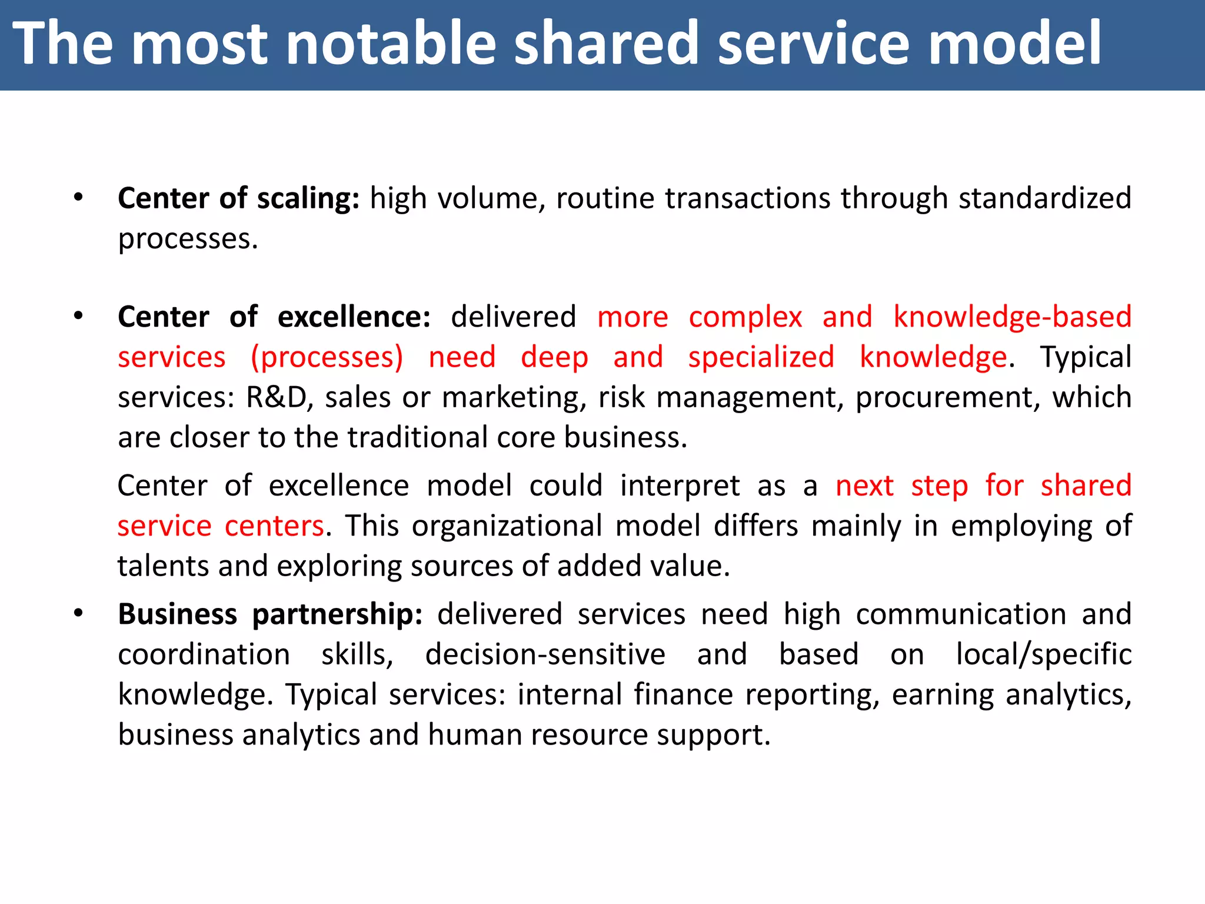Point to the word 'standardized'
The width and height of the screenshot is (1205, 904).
pyautogui.click(x=1045, y=198)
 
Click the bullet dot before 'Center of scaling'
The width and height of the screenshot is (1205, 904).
pyautogui.click(x=78, y=198)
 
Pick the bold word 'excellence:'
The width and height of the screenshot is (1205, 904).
pyautogui.click(x=354, y=317)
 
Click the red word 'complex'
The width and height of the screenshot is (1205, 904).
pyautogui.click(x=745, y=317)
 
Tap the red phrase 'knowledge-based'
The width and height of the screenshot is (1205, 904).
pyautogui.click(x=1012, y=317)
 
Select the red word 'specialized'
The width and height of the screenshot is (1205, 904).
pyautogui.click(x=761, y=357)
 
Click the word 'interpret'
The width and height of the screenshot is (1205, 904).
pyautogui.click(x=680, y=486)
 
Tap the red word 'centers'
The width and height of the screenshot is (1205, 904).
pyautogui.click(x=274, y=526)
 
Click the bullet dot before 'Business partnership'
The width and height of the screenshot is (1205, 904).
pyautogui.click(x=78, y=614)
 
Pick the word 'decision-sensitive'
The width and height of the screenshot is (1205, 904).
pyautogui.click(x=545, y=654)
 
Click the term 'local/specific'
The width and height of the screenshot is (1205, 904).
pyautogui.click(x=1043, y=654)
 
